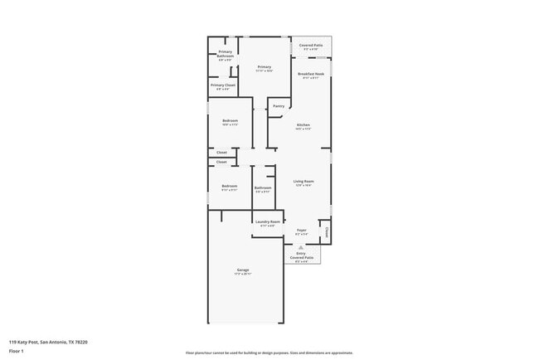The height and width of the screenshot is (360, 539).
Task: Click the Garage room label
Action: click(243, 270)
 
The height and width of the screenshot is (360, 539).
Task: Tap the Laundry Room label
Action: click(268, 221)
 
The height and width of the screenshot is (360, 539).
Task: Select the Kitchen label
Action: click(303, 124)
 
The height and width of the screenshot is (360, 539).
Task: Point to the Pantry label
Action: click(279, 105)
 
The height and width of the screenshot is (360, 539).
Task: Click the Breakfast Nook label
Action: click(311, 74)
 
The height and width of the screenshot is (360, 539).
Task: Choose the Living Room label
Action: click(303, 181)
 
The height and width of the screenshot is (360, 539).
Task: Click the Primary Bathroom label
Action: click(226, 55)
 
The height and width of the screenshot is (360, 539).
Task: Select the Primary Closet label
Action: click(224, 85)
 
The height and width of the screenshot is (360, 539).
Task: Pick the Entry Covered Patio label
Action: click(301, 255)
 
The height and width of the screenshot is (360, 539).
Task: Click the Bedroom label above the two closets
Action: click(230, 121)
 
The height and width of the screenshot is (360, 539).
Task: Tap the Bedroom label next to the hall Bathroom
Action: click(230, 187)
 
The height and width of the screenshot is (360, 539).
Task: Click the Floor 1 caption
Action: click(17, 351)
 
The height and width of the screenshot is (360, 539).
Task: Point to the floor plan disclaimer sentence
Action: click(269, 353)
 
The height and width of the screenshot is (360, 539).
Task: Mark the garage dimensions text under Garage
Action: click(243, 274)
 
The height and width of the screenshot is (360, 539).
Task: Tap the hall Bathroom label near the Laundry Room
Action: click(263, 187)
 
